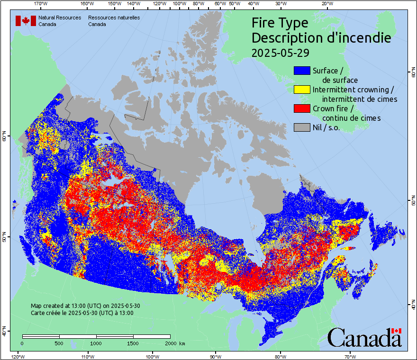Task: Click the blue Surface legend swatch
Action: [x=302, y=71]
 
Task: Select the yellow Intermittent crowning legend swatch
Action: [x=302, y=90]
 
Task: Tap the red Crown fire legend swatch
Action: [x=302, y=108]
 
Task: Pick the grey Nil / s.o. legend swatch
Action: [x=302, y=127]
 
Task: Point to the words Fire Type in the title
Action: [x=280, y=23]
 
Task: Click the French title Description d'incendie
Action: [x=321, y=38]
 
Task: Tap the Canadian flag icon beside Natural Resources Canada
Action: [x=26, y=21]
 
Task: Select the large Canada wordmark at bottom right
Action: [x=364, y=338]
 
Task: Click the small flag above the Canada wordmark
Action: [x=397, y=331]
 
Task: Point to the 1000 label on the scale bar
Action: [x=96, y=343]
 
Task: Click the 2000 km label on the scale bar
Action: [x=174, y=343]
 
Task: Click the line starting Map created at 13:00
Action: [x=85, y=306]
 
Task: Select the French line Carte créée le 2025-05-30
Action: [x=82, y=313]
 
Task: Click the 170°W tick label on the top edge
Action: [x=41, y=4]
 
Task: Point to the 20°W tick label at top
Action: [x=326, y=4]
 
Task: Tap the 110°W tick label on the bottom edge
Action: [x=87, y=356]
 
